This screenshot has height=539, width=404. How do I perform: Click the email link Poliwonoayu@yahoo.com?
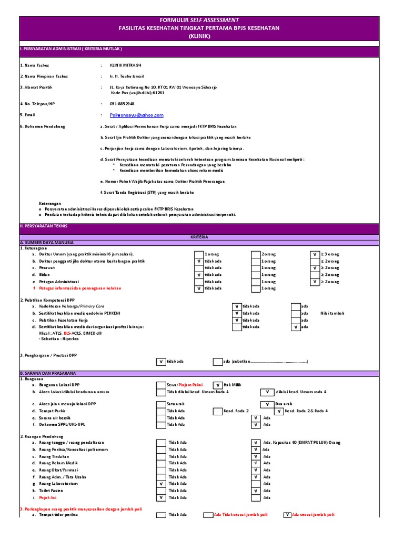tap(137, 115)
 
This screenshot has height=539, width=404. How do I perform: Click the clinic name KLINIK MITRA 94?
tap(125, 65)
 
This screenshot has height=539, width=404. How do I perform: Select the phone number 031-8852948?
tap(122, 104)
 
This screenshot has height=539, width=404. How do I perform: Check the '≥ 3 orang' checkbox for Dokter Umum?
tap(315, 254)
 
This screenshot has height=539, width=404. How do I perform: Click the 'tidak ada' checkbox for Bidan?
tap(198, 275)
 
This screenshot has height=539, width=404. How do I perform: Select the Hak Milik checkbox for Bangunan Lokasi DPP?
tap(217, 385)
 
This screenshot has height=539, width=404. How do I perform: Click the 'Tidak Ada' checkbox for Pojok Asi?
tap(160, 497)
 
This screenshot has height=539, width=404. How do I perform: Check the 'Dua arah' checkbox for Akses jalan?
tap(255, 404)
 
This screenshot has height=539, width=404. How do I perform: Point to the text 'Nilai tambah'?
tap(332, 313)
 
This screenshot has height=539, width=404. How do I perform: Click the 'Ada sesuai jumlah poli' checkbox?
tap(287, 515)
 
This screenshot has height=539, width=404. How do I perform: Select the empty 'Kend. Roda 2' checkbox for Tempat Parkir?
tap(217, 411)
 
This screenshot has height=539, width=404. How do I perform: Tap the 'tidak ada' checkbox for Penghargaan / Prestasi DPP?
tap(160, 362)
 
